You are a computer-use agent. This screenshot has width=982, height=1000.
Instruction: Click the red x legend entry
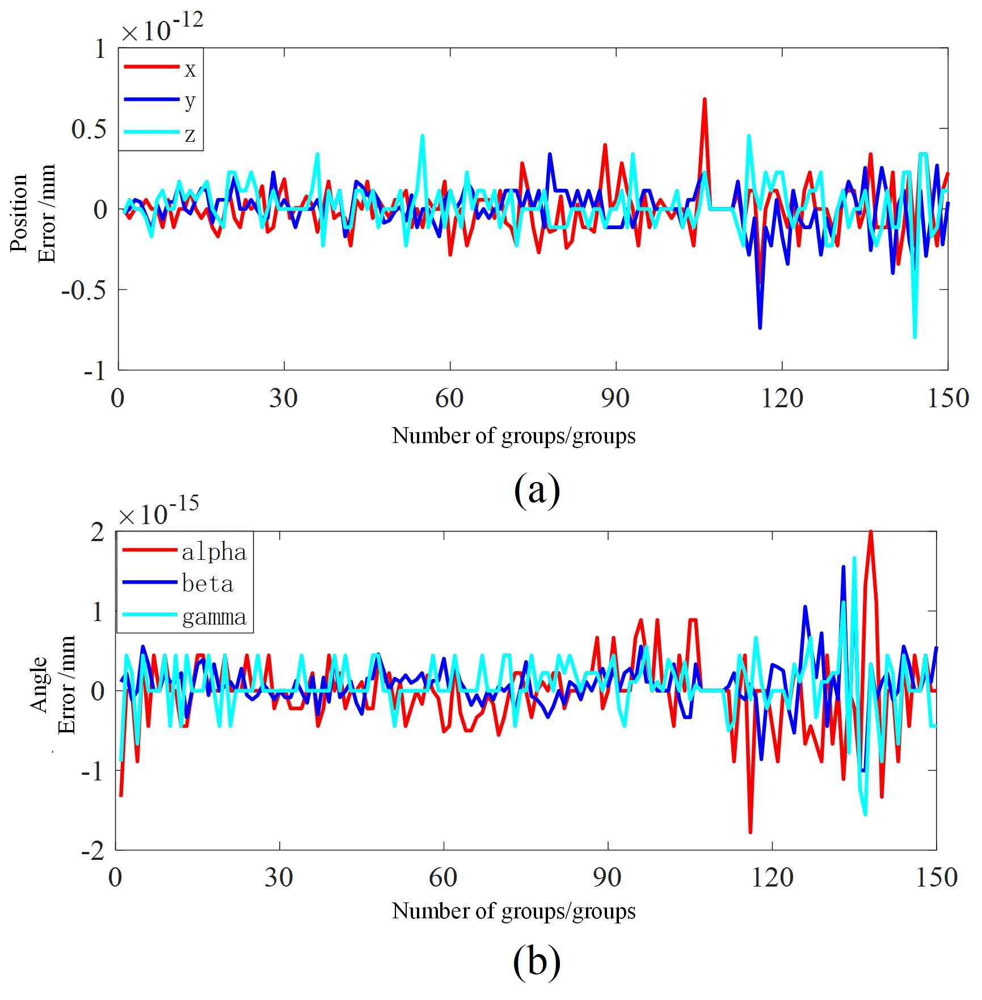161,67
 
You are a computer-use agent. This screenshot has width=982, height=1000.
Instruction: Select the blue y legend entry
161,100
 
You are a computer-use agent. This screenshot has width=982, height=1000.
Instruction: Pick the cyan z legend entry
161,133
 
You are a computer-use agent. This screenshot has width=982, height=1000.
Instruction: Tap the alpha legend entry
185,551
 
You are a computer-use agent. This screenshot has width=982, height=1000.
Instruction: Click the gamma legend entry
185,616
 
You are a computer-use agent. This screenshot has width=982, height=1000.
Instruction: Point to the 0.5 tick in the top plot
89,129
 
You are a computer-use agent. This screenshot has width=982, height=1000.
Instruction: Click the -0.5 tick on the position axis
84,290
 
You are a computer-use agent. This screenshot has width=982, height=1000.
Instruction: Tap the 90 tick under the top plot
616,399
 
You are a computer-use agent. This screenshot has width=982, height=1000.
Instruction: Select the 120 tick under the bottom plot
772,878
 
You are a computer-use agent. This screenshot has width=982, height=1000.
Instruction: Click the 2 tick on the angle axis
98,532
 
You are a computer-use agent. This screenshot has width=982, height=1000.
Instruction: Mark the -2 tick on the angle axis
93,851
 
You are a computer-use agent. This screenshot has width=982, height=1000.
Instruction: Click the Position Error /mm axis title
33,213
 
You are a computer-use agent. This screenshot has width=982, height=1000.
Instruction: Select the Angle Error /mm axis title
52,685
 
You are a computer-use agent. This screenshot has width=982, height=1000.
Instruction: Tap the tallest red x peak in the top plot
705,99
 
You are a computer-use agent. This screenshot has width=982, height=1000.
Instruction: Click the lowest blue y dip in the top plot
760,327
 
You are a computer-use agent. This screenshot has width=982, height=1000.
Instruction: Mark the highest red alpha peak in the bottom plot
871,532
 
